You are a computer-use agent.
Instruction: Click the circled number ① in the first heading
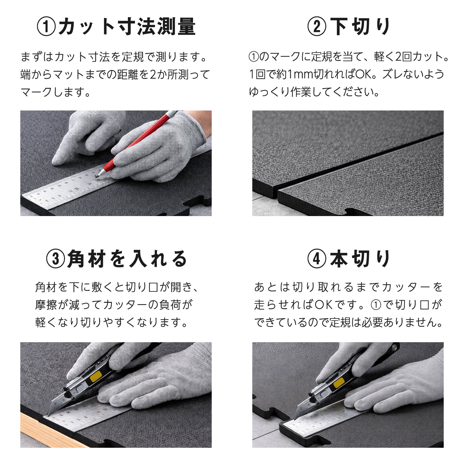pyautogui.click(x=46, y=27)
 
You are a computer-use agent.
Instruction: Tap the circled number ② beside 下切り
pyautogui.click(x=317, y=27)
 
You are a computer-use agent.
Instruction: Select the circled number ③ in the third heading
pyautogui.click(x=55, y=259)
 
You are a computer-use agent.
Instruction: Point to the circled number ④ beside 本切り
pyautogui.click(x=317, y=259)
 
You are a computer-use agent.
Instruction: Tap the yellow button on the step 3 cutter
pyautogui.click(x=96, y=376)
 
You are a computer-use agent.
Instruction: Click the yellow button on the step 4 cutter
pyautogui.click(x=338, y=383)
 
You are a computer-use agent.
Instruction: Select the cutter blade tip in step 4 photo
pyautogui.click(x=295, y=420)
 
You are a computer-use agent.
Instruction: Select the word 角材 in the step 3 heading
pyautogui.click(x=86, y=259)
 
